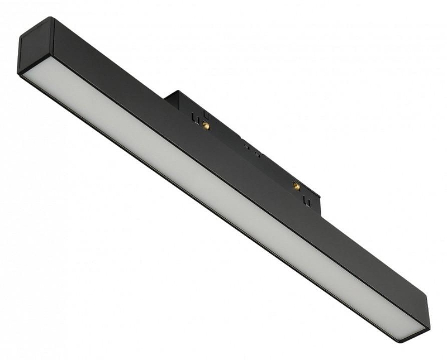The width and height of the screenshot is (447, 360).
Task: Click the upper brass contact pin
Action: coord(206,125)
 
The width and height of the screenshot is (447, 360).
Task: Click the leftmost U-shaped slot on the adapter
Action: coord(195,118)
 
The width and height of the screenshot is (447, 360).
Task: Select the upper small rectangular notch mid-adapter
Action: coord(246,145)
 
